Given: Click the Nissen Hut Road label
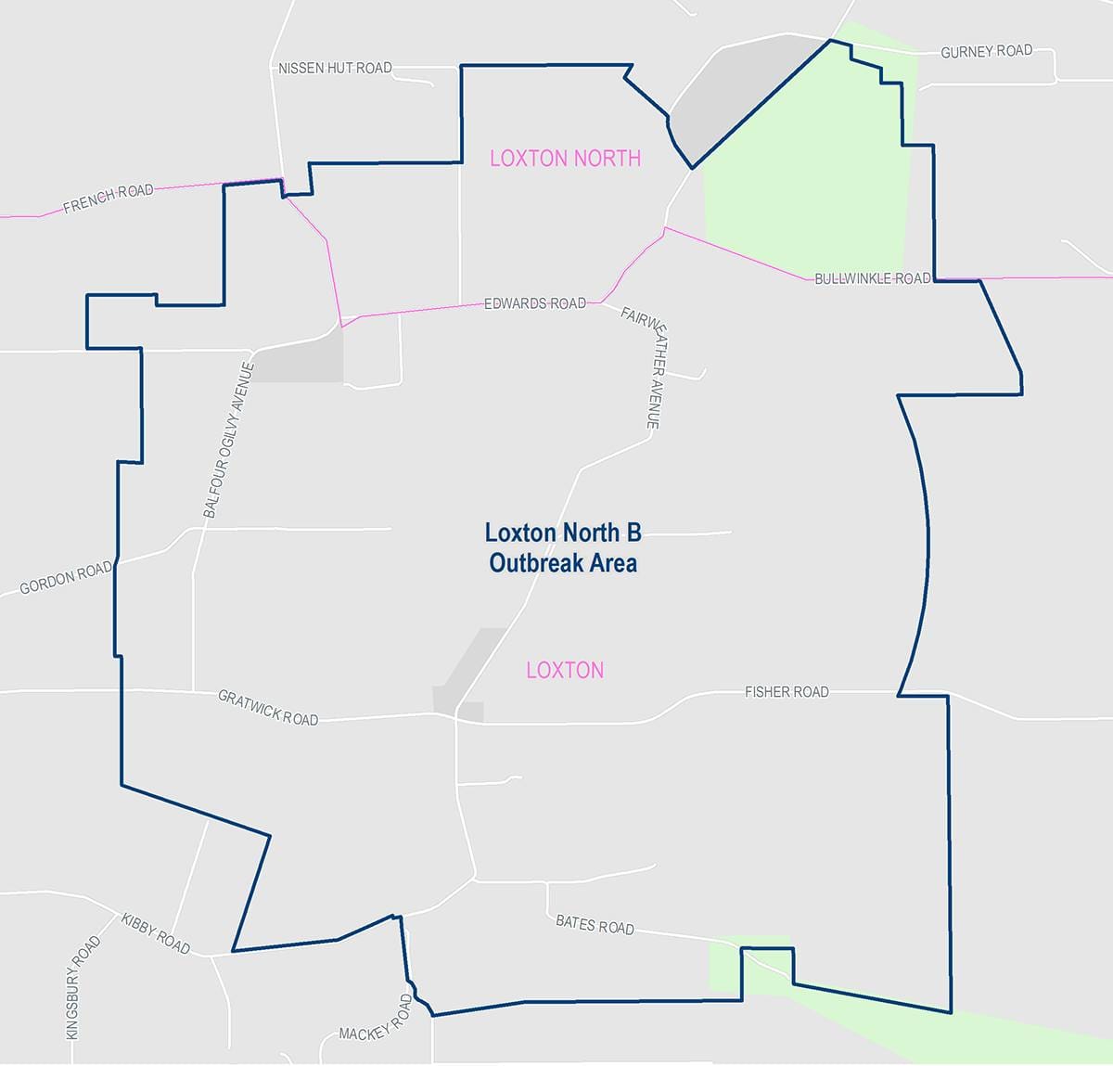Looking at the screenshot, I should [335, 68].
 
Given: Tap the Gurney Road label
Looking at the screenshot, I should [986, 51].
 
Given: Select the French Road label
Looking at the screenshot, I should [109, 199].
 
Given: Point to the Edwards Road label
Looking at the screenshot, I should [535, 303].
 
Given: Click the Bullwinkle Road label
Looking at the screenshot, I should [872, 278].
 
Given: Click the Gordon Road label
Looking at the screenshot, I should [66, 578].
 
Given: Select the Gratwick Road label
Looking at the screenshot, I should [268, 707].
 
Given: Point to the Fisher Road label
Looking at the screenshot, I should [787, 691].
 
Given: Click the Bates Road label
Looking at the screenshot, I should [595, 924].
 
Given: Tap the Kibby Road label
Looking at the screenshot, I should [156, 933].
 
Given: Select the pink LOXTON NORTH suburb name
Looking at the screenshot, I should [565, 158].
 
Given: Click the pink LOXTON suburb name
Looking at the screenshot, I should [565, 670].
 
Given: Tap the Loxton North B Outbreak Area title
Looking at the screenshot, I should [563, 547].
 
